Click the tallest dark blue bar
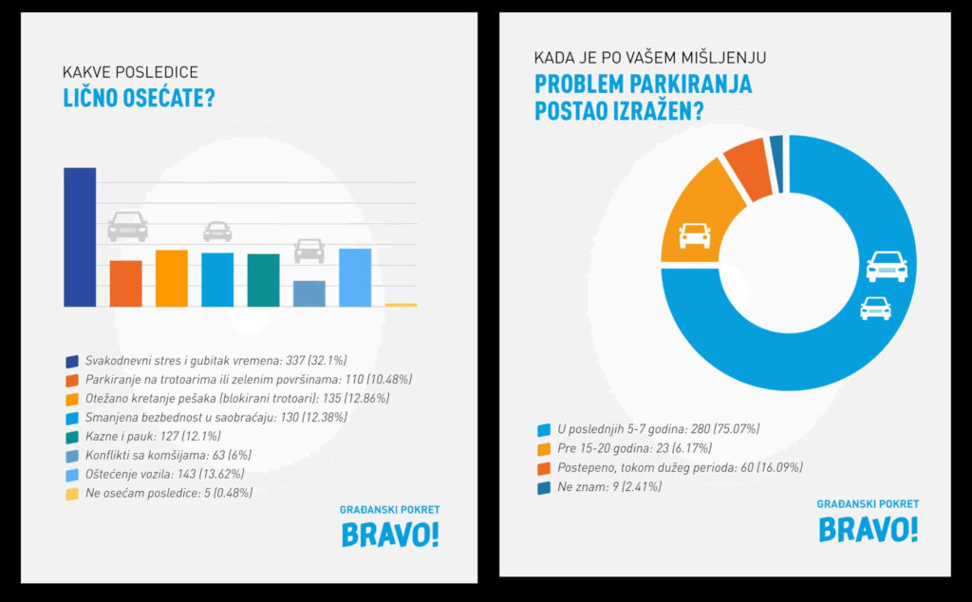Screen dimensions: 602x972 point(80,236)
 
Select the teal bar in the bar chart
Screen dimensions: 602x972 point(263,280)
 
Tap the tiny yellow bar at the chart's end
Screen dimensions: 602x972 point(401,305)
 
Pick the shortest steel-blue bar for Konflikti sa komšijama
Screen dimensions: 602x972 point(309,293)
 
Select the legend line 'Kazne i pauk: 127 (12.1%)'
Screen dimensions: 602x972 point(152,436)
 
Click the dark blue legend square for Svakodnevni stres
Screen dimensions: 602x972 point(71,361)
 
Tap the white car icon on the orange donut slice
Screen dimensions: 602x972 point(695,235)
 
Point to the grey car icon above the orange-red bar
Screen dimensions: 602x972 point(127,227)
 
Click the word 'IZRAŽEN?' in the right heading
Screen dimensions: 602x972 point(656,112)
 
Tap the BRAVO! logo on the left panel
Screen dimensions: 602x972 point(390,535)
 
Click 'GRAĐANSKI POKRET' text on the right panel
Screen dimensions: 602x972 point(868,504)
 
